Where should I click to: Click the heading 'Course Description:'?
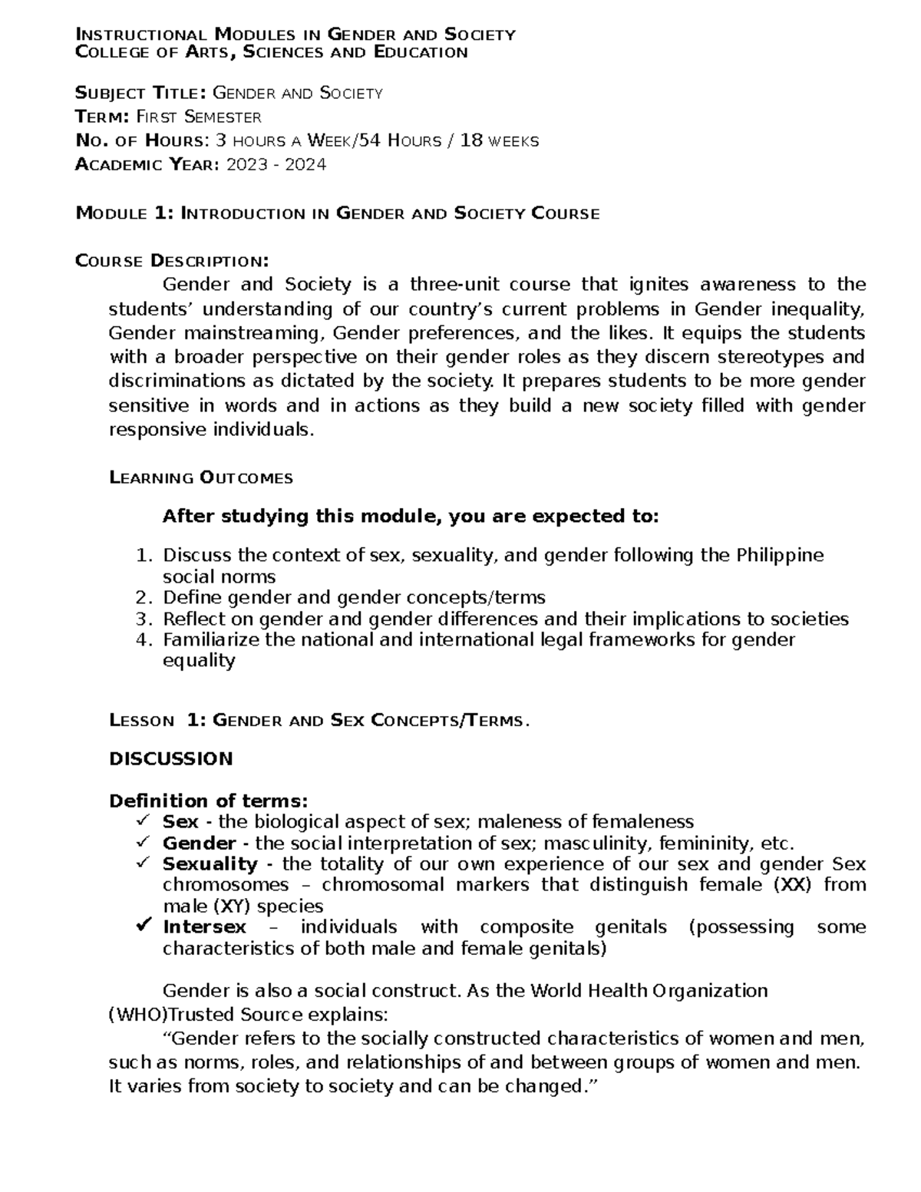click(x=173, y=261)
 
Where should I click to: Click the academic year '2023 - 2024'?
click(x=276, y=164)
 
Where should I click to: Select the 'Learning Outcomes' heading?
click(x=201, y=477)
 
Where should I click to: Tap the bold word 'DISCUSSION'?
click(x=170, y=759)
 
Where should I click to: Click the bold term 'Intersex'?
click(x=204, y=926)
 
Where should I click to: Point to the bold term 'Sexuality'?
click(x=210, y=863)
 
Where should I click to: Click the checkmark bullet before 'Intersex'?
click(x=142, y=926)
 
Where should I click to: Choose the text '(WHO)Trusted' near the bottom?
click(x=157, y=1014)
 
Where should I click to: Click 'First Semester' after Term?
click(x=199, y=117)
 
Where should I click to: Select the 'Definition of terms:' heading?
click(x=208, y=801)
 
